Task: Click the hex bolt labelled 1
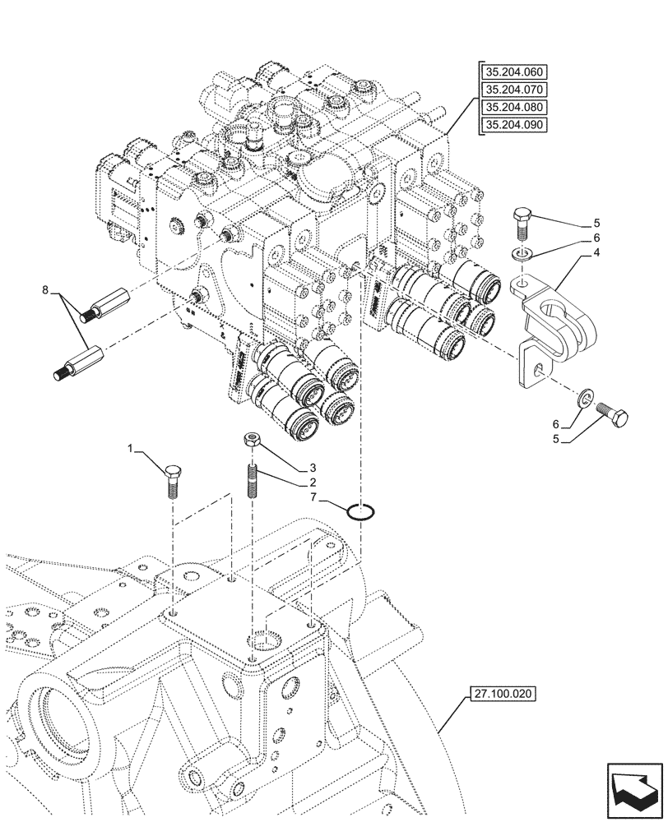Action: point(173,482)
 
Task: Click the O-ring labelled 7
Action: point(361,511)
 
